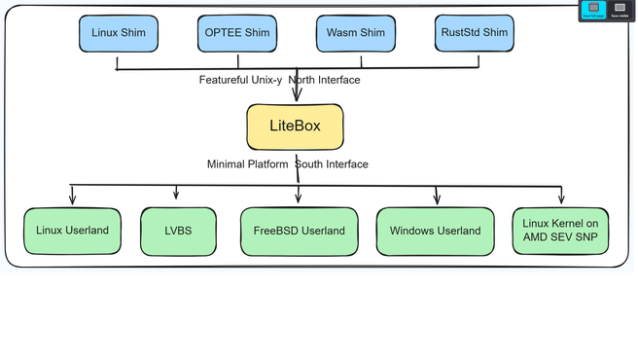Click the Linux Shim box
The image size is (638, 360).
pyautogui.click(x=118, y=33)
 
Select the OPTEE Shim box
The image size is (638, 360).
pyautogui.click(x=237, y=33)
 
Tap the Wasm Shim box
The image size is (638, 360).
pyautogui.click(x=357, y=33)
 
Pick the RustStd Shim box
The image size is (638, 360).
pyautogui.click(x=474, y=33)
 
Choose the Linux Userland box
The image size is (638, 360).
pyautogui.click(x=73, y=231)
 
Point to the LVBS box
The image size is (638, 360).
pyautogui.click(x=176, y=231)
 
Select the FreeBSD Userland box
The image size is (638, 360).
pyautogui.click(x=299, y=231)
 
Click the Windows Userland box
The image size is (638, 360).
pyautogui.click(x=435, y=231)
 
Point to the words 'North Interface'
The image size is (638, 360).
pyautogui.click(x=326, y=80)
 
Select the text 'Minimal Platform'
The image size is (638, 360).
pyautogui.click(x=248, y=164)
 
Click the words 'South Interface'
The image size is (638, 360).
pyautogui.click(x=332, y=164)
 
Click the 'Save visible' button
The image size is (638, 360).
pyautogui.click(x=619, y=10)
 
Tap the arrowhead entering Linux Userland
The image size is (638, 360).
pyautogui.click(x=72, y=200)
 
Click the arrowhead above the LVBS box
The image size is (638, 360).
pyautogui.click(x=175, y=195)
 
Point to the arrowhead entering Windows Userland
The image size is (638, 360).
pyautogui.click(x=437, y=199)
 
